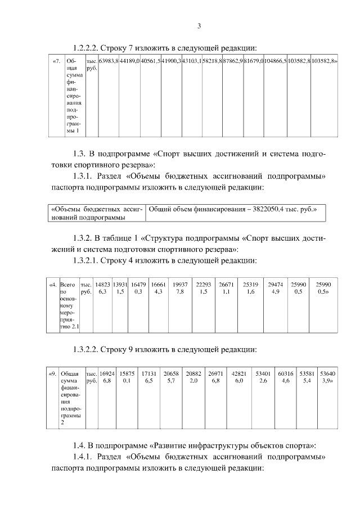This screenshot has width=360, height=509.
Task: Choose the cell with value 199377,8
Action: point(179,289)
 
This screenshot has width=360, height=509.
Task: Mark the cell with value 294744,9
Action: point(276,289)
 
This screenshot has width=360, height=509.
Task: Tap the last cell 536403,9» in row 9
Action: point(327,377)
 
